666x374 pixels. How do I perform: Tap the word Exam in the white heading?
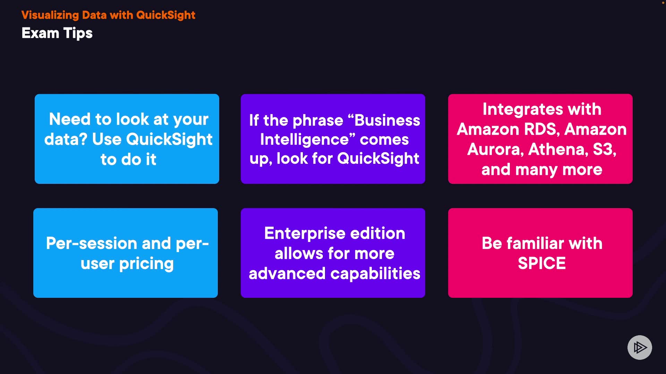40,33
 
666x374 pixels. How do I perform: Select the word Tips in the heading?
78,34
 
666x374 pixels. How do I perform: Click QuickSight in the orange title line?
166,15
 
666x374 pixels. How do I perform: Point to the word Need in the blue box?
70,119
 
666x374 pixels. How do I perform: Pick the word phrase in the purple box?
318,121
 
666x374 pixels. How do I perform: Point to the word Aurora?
495,150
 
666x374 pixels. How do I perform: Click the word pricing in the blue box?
146,264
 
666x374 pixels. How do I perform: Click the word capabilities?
375,274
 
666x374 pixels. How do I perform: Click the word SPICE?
542,263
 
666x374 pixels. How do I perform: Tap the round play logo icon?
640,347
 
